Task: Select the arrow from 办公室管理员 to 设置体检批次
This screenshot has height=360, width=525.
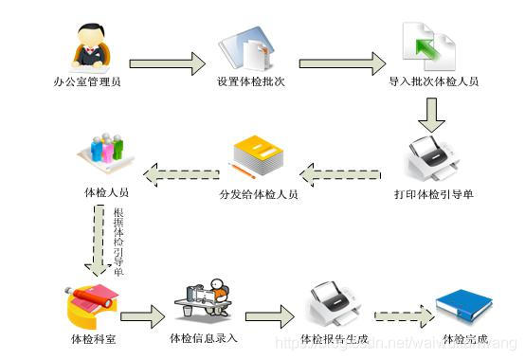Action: point(167,63)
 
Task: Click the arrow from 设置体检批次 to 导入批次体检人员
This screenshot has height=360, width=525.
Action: point(335,63)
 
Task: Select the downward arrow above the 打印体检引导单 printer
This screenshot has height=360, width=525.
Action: point(432,113)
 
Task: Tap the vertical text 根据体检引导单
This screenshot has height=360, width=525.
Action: point(118,241)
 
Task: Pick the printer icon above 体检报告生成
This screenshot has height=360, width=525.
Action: point(332,301)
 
